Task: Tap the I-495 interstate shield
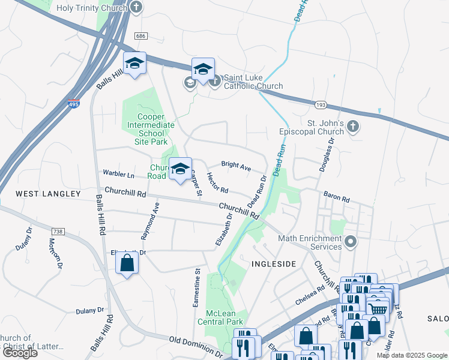[74, 104]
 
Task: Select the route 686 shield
[141, 36]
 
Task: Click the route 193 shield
[319, 105]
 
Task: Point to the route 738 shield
[58, 231]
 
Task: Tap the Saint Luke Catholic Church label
[253, 82]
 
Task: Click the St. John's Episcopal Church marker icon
[354, 127]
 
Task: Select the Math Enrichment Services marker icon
[351, 243]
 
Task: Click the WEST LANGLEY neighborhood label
[48, 194]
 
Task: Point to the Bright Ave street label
[236, 165]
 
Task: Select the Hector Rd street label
[217, 182]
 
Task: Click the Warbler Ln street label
[119, 175]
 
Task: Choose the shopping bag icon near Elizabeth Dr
[127, 263]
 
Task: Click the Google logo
[20, 353]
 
